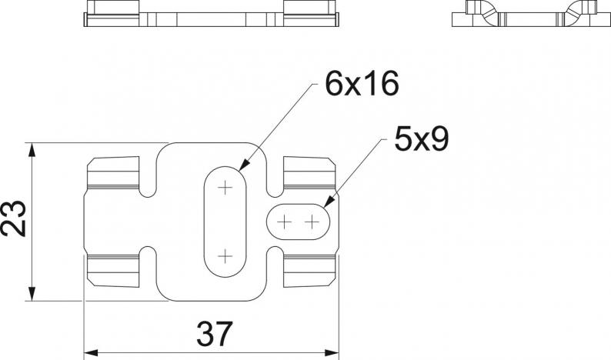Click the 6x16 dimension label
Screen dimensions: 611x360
[x=362, y=84]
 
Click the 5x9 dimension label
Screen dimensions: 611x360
[x=422, y=139]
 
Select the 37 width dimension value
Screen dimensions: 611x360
[x=215, y=334]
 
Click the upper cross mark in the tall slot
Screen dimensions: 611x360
[x=225, y=188]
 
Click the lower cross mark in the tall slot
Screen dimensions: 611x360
[x=225, y=257]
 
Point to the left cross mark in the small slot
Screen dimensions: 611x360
[x=284, y=222]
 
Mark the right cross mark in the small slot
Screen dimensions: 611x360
[x=312, y=222]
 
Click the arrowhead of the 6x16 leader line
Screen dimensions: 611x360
[x=243, y=165]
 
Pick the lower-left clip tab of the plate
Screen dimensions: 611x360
[x=113, y=272]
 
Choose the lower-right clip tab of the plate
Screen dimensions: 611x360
[x=309, y=272]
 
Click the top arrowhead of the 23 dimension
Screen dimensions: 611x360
[x=32, y=151]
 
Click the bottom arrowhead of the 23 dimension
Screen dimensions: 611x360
[x=32, y=294]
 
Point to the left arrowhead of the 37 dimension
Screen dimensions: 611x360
[x=91, y=353]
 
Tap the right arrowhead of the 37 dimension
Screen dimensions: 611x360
[x=332, y=353]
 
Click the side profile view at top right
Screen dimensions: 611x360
[x=531, y=13]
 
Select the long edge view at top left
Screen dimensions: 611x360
[x=211, y=13]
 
